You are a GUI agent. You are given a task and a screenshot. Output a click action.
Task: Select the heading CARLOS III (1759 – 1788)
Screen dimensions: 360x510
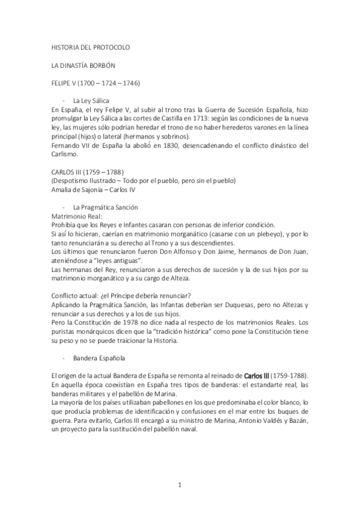88,172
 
